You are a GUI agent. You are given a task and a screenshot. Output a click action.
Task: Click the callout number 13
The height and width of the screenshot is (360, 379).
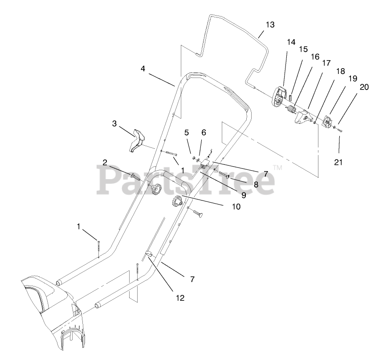[x=270, y=25]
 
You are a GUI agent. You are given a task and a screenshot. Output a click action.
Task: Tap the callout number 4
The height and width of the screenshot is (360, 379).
[x=143, y=69]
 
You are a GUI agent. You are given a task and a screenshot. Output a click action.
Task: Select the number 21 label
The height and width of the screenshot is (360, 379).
[x=338, y=163]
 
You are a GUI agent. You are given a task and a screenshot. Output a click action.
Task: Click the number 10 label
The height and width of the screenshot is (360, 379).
[x=236, y=206]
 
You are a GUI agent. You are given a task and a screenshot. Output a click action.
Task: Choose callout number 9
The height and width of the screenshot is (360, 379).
[x=244, y=195]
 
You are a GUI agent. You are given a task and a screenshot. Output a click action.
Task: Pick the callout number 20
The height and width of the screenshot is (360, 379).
[x=364, y=87]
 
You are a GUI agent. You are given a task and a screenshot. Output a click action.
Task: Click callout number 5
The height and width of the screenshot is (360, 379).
[x=187, y=132]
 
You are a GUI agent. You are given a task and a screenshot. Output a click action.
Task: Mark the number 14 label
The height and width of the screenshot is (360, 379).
[x=291, y=42]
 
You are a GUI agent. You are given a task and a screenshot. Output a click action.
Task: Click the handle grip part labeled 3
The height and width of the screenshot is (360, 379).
[x=138, y=140]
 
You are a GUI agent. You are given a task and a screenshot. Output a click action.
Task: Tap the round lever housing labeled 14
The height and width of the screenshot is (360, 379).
[x=278, y=96]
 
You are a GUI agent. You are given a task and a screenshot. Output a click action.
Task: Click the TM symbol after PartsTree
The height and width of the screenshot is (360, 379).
[x=277, y=168]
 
